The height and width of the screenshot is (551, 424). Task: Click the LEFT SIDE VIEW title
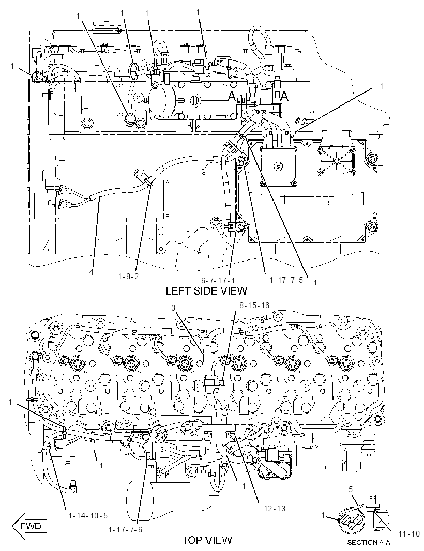206,290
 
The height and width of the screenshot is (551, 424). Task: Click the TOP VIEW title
207,540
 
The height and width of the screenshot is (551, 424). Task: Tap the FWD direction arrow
29,526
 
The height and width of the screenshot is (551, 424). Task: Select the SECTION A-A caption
369,542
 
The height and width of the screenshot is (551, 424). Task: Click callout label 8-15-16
254,305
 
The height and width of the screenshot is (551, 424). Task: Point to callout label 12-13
274,508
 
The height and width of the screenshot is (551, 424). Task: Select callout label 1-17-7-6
125,530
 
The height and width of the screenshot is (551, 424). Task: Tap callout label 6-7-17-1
218,280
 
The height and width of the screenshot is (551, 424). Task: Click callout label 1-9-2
129,276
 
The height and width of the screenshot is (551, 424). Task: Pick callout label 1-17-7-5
286,280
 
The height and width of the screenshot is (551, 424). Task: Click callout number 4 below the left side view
92,272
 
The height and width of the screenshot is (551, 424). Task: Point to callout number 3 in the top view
173,308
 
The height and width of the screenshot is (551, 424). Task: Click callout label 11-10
410,533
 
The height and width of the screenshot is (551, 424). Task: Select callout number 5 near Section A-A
351,489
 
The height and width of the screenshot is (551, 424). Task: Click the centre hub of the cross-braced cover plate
336,161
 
